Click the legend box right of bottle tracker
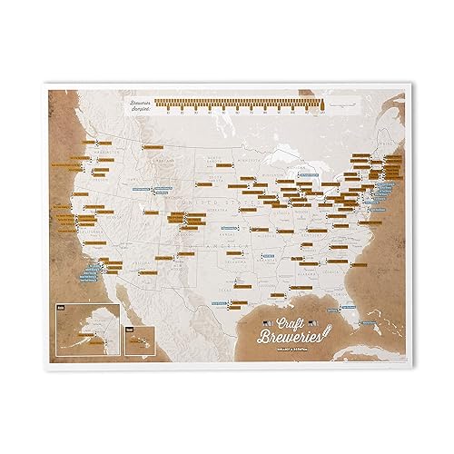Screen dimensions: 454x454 click(350, 108)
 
